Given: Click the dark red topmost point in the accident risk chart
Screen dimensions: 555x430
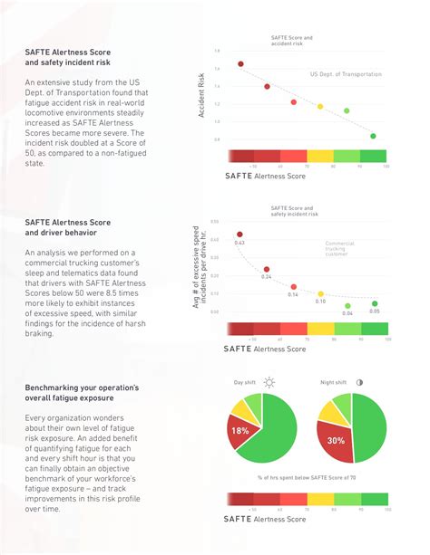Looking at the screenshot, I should point(240,64).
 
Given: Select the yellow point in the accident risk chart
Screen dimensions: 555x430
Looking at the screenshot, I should point(319,106).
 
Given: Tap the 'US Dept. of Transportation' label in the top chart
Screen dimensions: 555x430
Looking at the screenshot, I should point(346,74).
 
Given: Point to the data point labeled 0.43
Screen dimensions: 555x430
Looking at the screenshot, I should point(240,234).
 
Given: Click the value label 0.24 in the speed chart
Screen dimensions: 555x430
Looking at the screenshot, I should point(267,277).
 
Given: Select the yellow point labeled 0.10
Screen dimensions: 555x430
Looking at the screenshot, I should point(320,293).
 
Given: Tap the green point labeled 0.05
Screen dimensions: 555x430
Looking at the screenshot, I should point(375,303).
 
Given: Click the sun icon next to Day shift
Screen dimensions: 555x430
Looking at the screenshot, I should point(269,382).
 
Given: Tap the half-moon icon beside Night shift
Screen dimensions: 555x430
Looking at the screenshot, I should point(360,382).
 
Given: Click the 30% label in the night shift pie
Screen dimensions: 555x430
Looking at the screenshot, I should point(336,440).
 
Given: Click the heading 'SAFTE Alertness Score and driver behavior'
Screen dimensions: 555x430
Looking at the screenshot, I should point(67,226).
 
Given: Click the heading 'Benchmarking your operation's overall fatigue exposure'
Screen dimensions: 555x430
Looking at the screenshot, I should point(82,393).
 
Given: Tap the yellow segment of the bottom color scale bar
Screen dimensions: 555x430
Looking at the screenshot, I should point(320,499).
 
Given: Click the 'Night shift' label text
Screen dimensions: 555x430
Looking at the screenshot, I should point(334,382).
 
